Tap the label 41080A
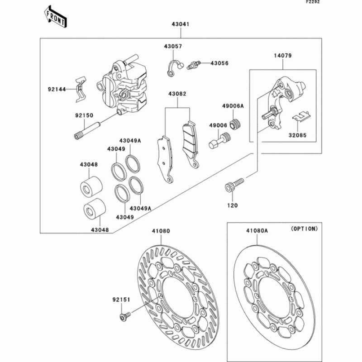[257, 230]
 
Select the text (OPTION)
[304, 229]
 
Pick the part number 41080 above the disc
[161, 230]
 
